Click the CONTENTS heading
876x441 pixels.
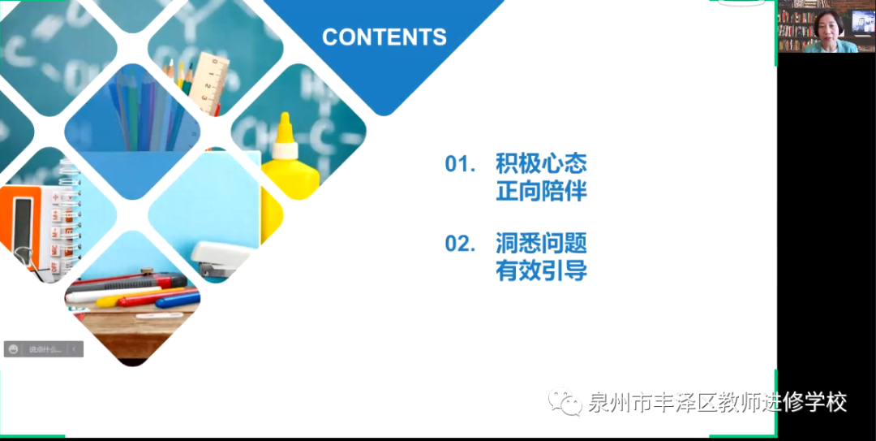tap(384, 37)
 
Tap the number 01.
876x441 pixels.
tap(459, 163)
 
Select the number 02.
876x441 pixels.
tap(459, 243)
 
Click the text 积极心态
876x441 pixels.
tap(541, 163)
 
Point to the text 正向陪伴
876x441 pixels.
tap(541, 192)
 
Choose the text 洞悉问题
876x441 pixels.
tap(541, 243)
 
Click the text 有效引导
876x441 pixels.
tap(541, 271)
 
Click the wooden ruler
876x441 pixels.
tap(213, 81)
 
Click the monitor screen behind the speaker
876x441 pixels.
tap(862, 21)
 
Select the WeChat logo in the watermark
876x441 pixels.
tap(565, 401)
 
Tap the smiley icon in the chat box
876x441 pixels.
tap(14, 349)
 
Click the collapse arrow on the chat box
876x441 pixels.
tap(74, 349)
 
